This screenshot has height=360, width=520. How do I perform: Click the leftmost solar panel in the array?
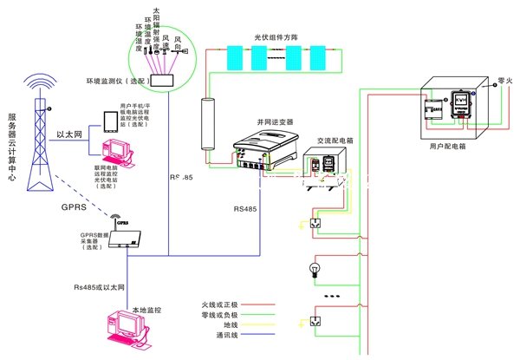click(235, 56)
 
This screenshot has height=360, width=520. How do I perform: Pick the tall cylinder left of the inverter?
click(208, 126)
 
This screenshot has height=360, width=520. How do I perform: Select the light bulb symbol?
click(315, 271)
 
